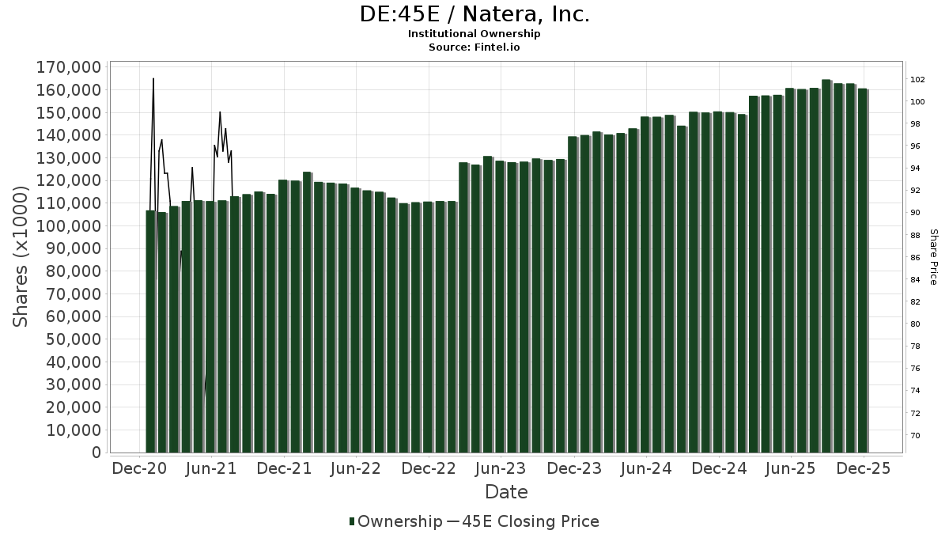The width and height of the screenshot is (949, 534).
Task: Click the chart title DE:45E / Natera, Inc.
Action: (x=475, y=14)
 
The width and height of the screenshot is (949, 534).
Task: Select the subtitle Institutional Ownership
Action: (x=475, y=34)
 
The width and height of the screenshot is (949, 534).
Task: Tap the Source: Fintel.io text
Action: (x=475, y=47)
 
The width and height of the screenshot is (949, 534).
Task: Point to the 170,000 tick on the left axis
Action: (x=69, y=66)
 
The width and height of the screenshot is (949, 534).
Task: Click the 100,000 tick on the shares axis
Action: (x=69, y=225)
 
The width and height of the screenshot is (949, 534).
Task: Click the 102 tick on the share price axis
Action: (x=917, y=79)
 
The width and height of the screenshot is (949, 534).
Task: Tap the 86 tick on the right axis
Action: (x=915, y=257)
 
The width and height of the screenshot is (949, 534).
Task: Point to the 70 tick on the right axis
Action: (x=915, y=435)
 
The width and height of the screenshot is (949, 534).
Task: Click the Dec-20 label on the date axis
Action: (x=138, y=468)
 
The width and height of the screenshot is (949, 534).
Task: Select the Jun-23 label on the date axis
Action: (x=500, y=468)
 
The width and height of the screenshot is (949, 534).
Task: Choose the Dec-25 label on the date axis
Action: (x=864, y=468)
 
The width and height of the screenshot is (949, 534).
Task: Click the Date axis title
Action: (x=506, y=492)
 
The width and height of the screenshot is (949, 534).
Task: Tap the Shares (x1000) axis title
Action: (x=21, y=257)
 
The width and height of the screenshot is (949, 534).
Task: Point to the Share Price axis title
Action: (x=933, y=257)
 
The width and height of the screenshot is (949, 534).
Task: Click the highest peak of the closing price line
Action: (x=153, y=78)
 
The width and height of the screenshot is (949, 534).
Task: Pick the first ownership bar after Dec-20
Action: (x=150, y=332)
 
